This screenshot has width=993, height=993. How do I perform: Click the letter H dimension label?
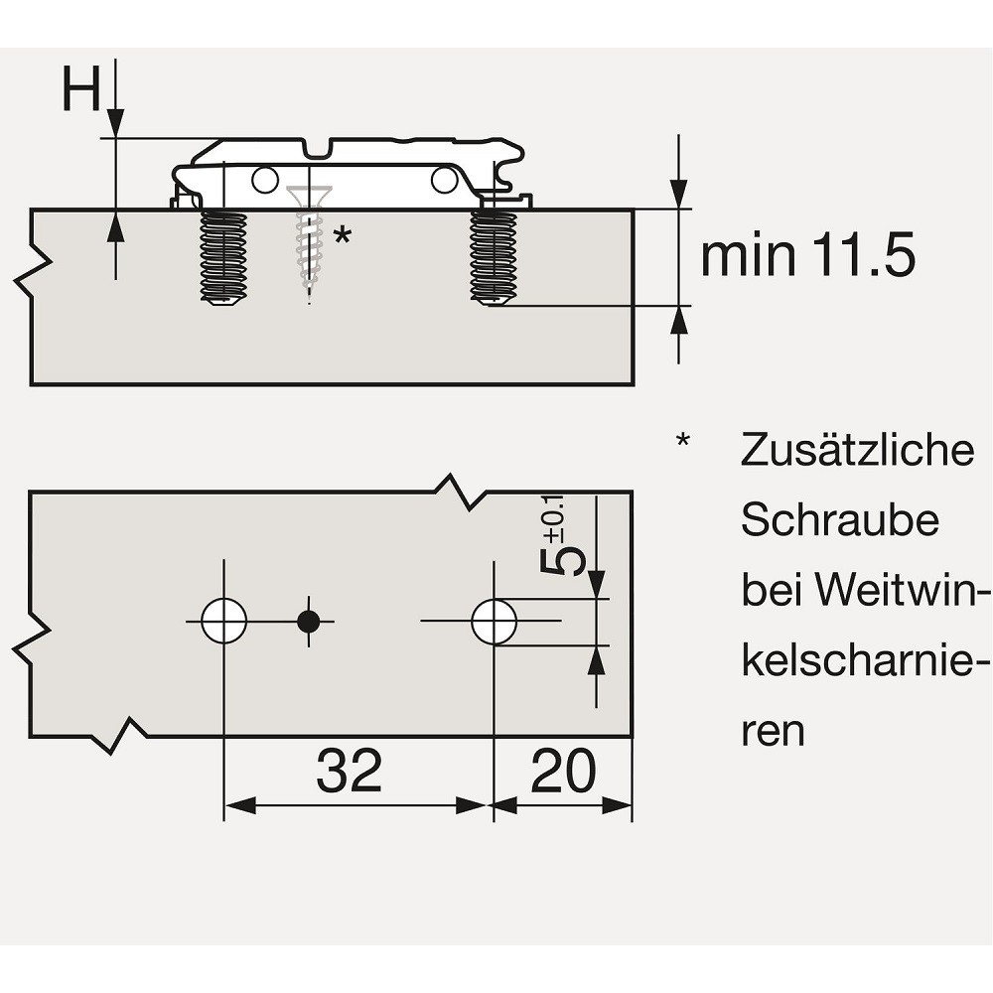(x=81, y=88)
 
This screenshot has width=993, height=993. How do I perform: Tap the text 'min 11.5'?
(x=808, y=255)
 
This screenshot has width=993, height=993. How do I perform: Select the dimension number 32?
(x=349, y=771)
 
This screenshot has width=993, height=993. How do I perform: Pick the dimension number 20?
(x=563, y=771)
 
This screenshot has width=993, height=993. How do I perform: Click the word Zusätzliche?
(x=858, y=450)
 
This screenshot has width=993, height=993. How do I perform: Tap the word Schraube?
(x=840, y=520)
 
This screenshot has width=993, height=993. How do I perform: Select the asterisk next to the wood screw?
(x=342, y=235)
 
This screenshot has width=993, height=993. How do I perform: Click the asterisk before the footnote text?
(x=683, y=440)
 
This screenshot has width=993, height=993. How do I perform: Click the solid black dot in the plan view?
(x=309, y=622)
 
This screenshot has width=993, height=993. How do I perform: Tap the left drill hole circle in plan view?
(x=223, y=621)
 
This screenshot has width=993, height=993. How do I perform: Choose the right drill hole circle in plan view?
(x=494, y=622)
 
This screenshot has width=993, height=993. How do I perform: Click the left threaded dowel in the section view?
(x=223, y=257)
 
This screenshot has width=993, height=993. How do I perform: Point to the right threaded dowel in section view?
(x=494, y=257)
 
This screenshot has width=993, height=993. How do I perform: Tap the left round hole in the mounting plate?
(x=265, y=181)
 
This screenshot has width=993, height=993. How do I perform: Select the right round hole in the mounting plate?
(x=445, y=181)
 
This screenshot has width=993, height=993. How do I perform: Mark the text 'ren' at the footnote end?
(x=773, y=732)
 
